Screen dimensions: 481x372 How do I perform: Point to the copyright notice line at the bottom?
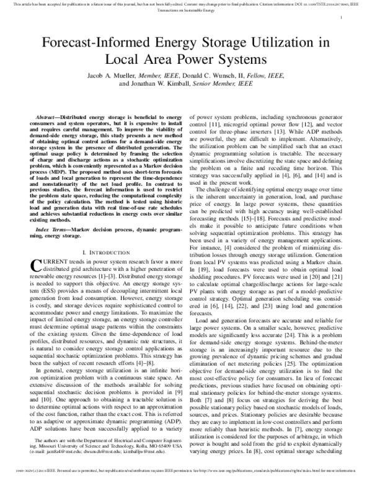pos(186,477)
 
